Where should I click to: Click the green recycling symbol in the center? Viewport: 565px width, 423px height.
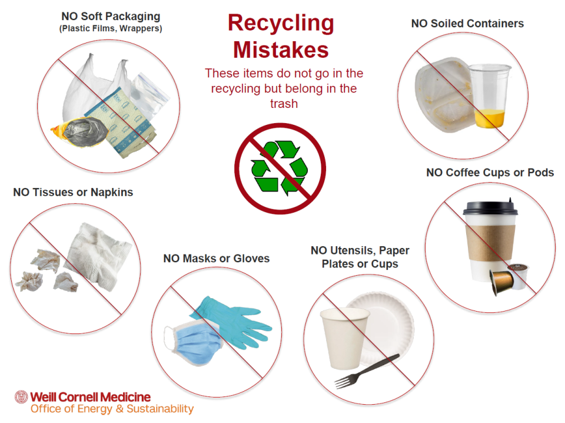click(280, 168)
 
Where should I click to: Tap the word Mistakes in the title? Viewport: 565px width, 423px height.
click(281, 49)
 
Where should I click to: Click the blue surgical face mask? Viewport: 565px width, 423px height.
click(194, 343)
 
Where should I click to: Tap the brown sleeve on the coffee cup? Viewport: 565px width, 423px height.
click(490, 242)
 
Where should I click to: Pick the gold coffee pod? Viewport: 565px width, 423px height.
click(501, 281)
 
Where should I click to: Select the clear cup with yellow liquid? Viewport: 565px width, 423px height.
click(490, 95)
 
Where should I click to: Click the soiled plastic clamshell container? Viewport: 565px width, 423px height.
click(444, 95)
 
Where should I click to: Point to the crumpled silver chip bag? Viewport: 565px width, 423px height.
click(81, 132)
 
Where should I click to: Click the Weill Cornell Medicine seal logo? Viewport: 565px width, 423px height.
click(21, 397)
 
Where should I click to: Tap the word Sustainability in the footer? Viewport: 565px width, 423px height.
click(160, 409)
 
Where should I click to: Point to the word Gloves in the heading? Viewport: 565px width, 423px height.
click(251, 258)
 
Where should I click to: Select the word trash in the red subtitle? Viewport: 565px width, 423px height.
click(284, 104)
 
